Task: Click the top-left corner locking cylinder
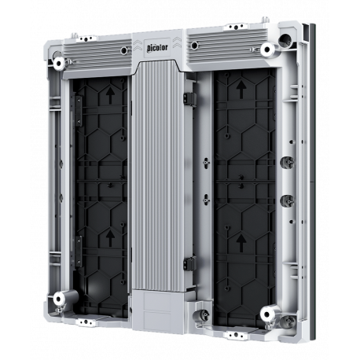[60, 62]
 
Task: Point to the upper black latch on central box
[189, 97]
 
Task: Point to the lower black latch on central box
[189, 266]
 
